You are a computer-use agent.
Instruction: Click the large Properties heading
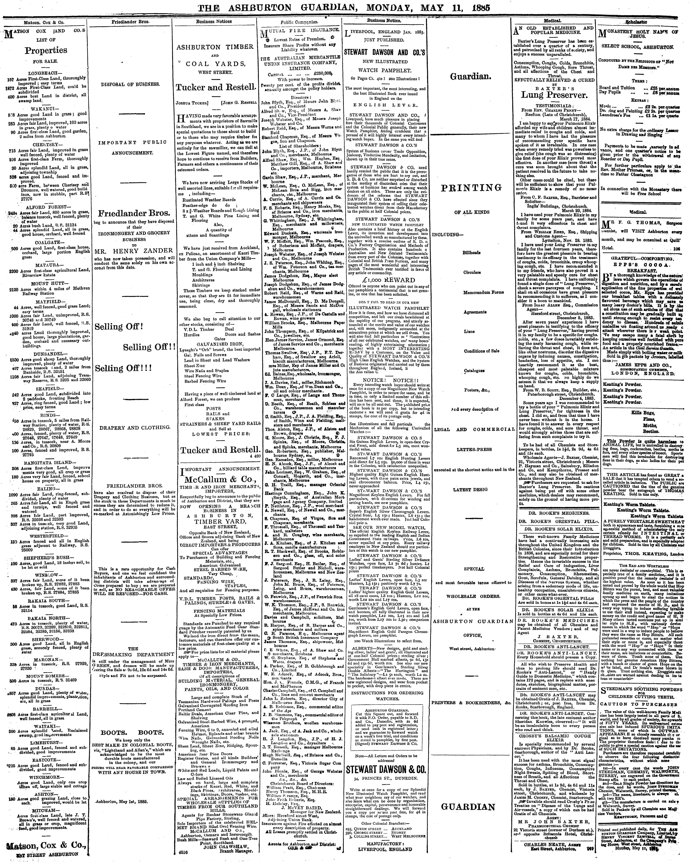[46, 50]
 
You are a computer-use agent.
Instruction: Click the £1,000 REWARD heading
[386, 280]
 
